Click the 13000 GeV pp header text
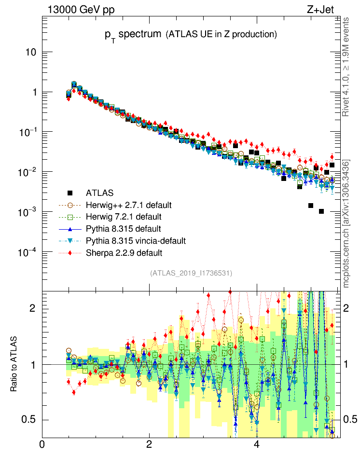tap(81, 9)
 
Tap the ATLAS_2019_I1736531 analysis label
tap(192, 273)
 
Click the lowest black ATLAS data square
tap(321, 211)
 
